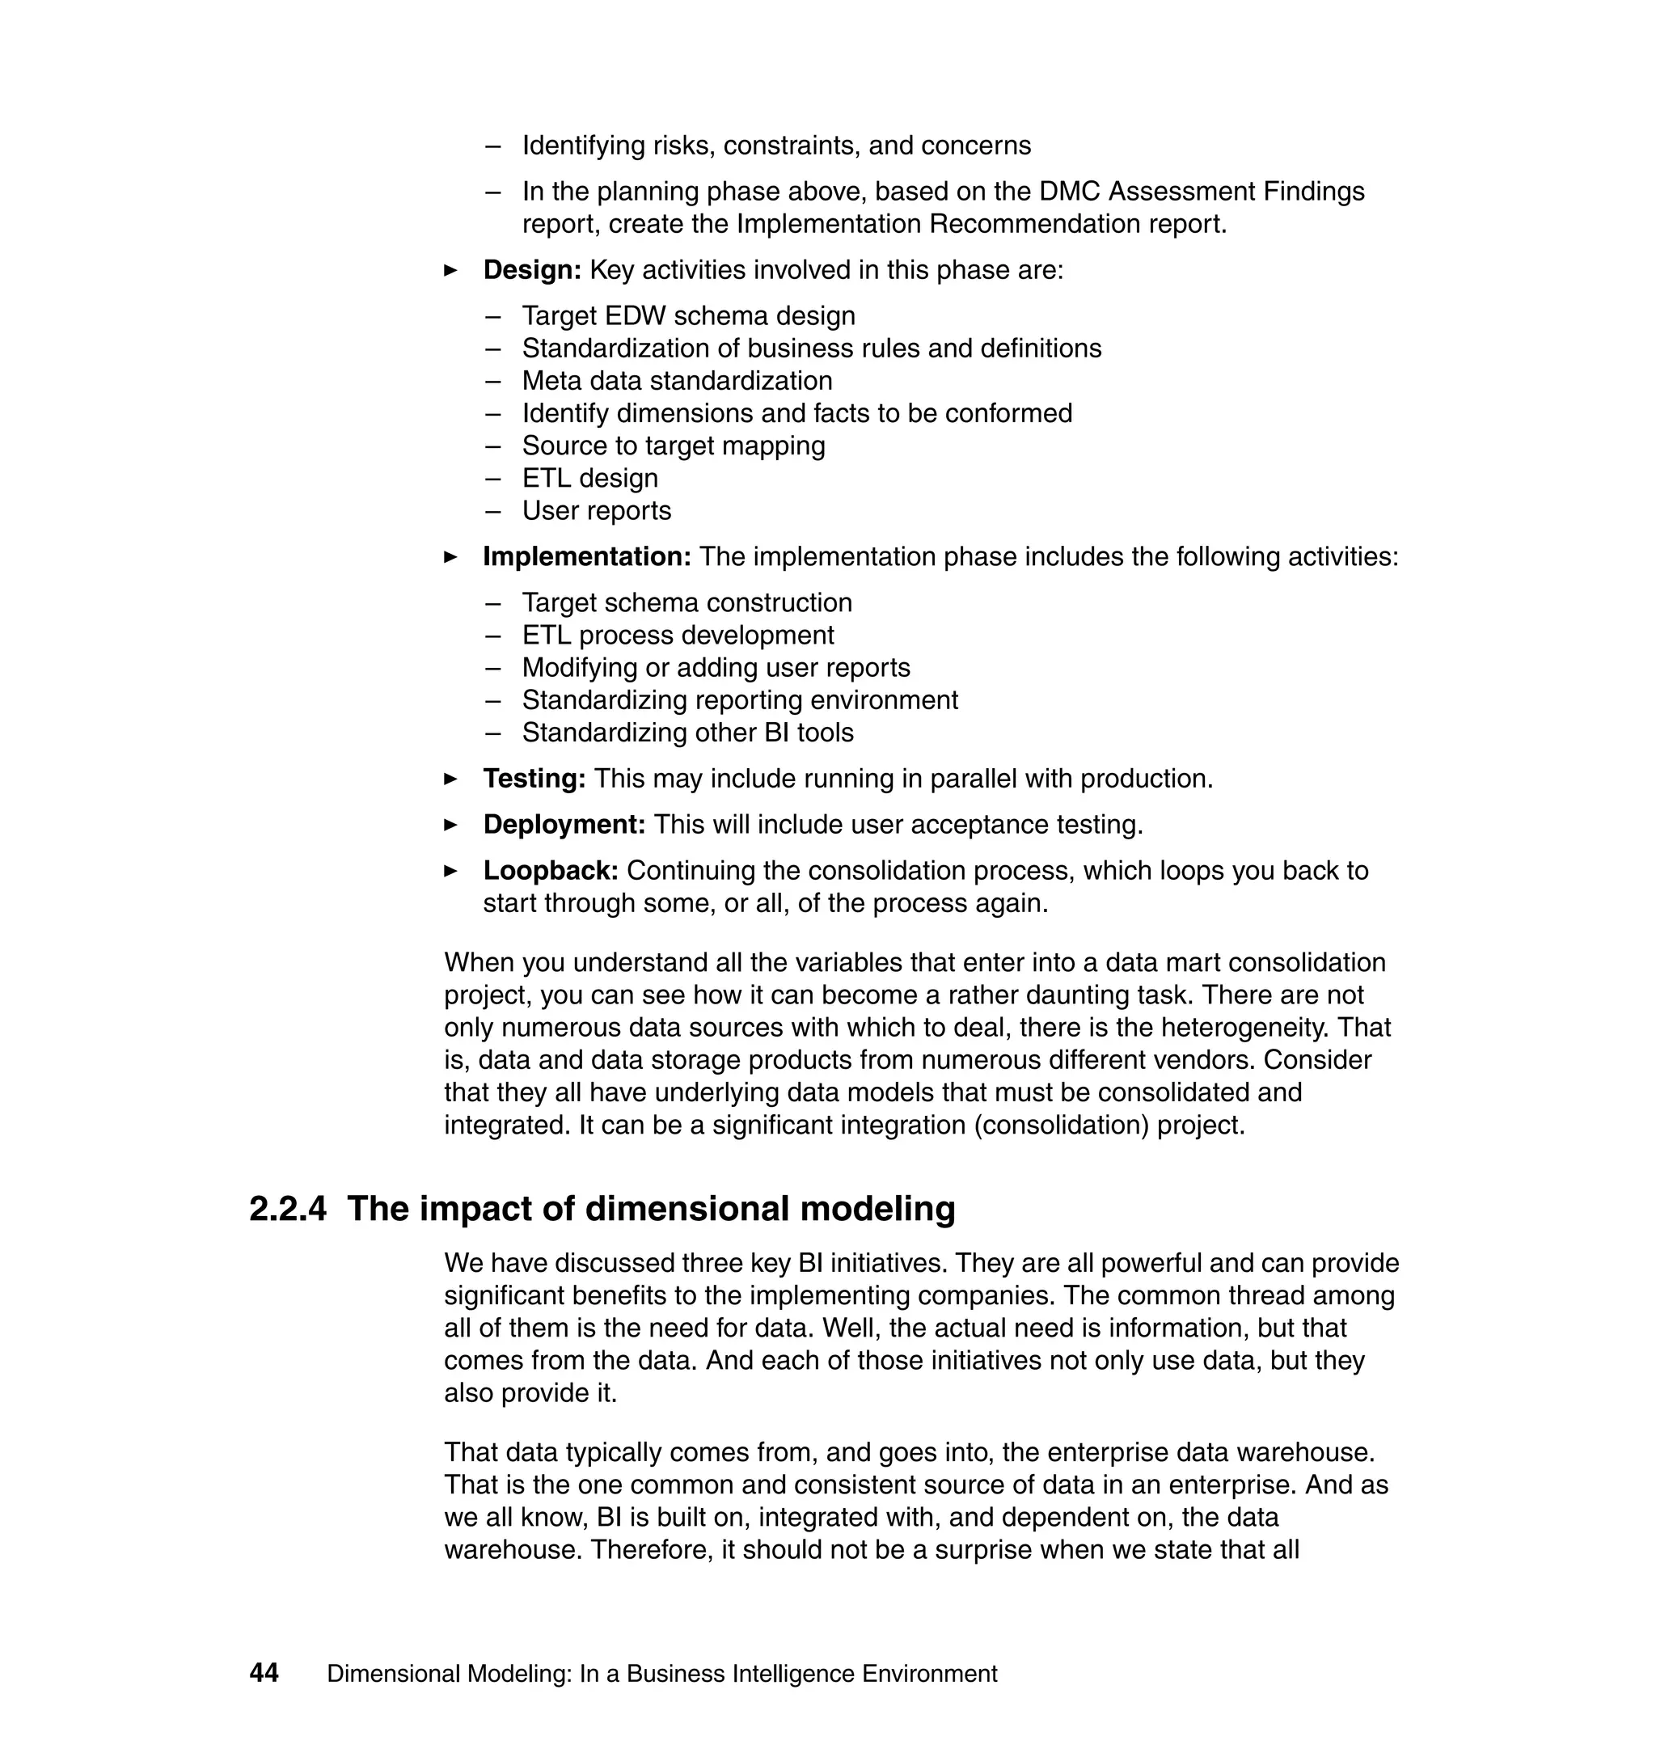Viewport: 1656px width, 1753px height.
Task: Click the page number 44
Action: coord(264,1673)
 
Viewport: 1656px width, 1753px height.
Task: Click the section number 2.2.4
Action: coord(288,1208)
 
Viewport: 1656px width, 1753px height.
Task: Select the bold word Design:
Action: coord(531,270)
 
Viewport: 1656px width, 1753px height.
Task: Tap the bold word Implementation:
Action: coord(586,557)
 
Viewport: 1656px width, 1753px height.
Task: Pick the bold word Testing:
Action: coord(534,779)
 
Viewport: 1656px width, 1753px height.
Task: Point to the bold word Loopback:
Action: coord(550,870)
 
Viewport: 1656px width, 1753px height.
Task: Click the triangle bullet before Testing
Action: coord(451,779)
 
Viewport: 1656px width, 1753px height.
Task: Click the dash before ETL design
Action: coord(492,479)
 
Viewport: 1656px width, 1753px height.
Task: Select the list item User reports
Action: coord(596,511)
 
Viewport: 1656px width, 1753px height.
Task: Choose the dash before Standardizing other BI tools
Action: coord(492,733)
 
